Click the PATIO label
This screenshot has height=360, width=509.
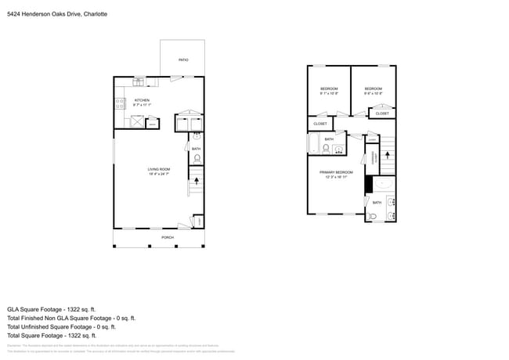[183, 59]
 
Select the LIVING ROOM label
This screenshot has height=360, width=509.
[159, 171]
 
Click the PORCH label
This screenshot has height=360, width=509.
[168, 237]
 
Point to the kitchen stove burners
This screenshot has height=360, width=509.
[120, 103]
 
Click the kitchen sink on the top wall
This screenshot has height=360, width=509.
[139, 80]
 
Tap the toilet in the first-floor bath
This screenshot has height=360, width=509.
[197, 159]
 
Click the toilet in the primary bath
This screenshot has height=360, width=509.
[374, 216]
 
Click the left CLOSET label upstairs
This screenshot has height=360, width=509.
[320, 124]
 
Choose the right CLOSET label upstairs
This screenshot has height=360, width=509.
[381, 113]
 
